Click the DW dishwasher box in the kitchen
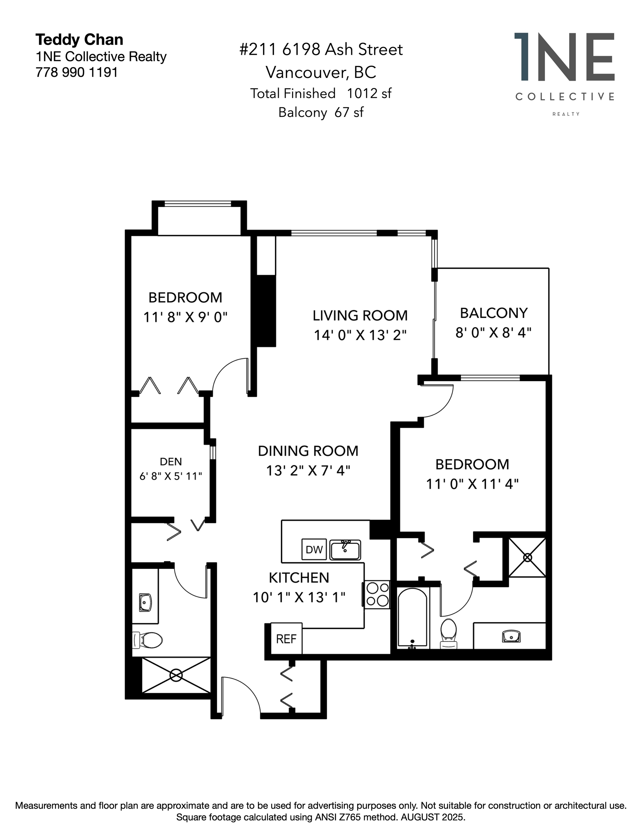(314, 549)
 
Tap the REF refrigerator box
(286, 638)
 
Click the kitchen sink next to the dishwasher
(345, 549)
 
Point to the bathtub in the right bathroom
(413, 617)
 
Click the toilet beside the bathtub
(448, 633)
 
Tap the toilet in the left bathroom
(148, 640)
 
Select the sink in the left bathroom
(145, 602)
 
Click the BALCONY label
(494, 313)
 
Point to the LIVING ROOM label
(360, 316)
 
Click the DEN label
(171, 462)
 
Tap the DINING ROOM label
(308, 451)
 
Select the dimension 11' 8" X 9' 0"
(185, 317)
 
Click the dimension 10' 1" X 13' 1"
(299, 597)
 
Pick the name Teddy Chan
(79, 40)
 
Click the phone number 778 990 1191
(76, 72)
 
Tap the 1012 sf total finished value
(369, 93)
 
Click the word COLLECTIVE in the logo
(565, 97)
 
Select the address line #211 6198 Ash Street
(321, 49)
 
